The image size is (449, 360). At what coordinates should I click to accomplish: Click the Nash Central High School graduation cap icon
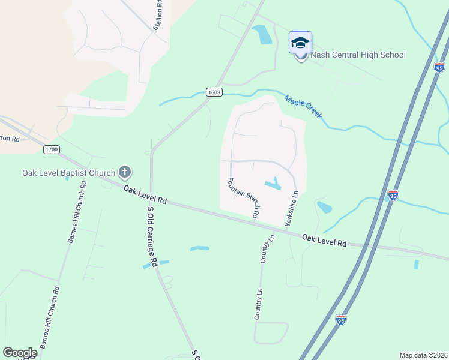tap(300, 43)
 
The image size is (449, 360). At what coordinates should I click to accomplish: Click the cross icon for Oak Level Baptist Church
tap(125, 173)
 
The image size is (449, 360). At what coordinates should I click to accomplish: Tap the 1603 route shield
tap(214, 92)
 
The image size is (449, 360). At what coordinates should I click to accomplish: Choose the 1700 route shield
tap(52, 149)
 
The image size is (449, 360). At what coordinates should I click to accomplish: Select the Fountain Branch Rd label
tap(243, 197)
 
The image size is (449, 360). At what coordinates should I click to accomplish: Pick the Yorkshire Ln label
tap(292, 208)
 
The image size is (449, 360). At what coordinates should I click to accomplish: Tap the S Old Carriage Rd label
tap(152, 236)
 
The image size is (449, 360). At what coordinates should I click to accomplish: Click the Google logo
tap(20, 352)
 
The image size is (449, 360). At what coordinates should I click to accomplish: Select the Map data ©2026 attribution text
tap(423, 355)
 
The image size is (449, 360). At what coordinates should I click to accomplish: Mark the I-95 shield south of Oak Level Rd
tap(341, 320)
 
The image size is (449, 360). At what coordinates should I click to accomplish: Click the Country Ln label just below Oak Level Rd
tap(267, 248)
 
